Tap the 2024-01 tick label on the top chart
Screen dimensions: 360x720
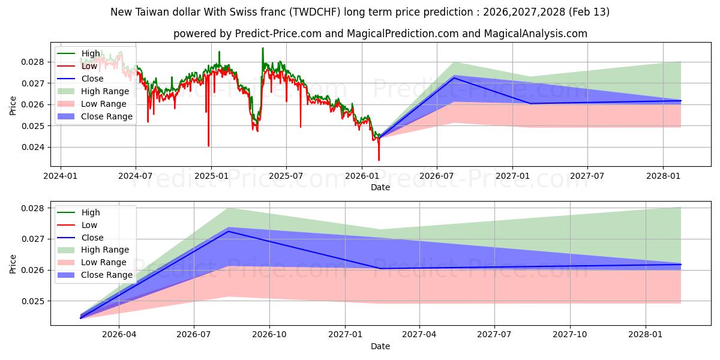[x=61, y=176]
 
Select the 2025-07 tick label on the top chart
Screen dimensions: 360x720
[x=286, y=176]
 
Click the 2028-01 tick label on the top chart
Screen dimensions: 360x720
[x=662, y=176]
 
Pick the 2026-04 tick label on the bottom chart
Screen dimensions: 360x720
[x=119, y=335]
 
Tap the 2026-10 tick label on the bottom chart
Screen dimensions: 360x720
[x=269, y=335]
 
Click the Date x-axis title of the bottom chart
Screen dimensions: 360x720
[x=380, y=346]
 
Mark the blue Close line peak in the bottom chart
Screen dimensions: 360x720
[x=227, y=231]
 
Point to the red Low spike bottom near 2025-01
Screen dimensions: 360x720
[x=209, y=146]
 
